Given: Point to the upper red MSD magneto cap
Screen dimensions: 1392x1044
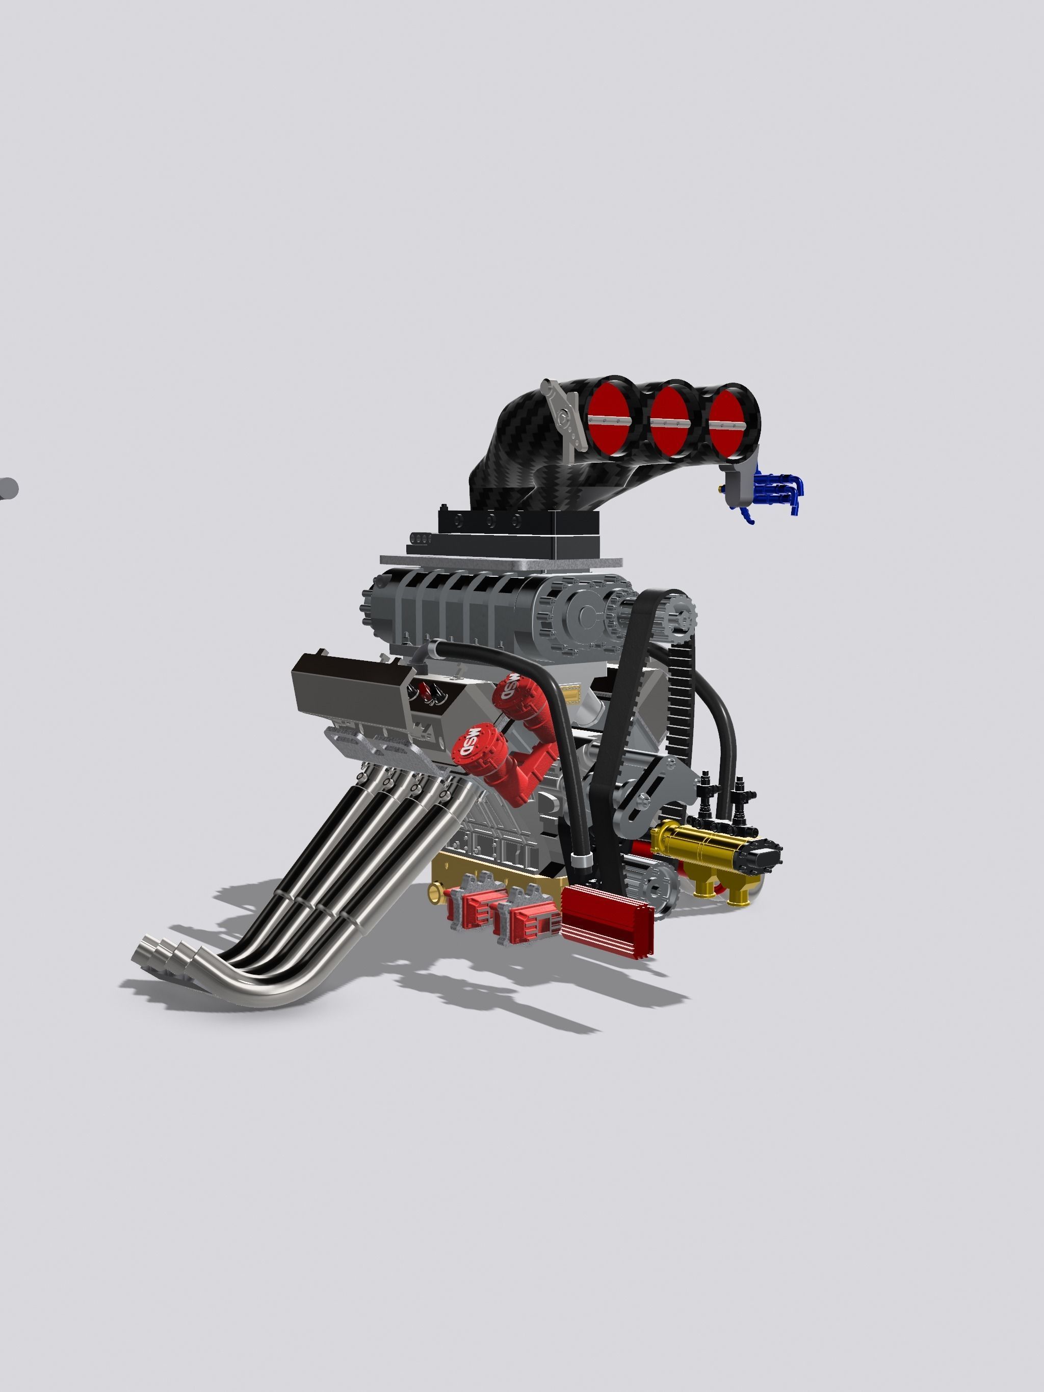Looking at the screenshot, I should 511,687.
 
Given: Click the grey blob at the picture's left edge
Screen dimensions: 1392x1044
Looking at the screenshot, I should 8,488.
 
